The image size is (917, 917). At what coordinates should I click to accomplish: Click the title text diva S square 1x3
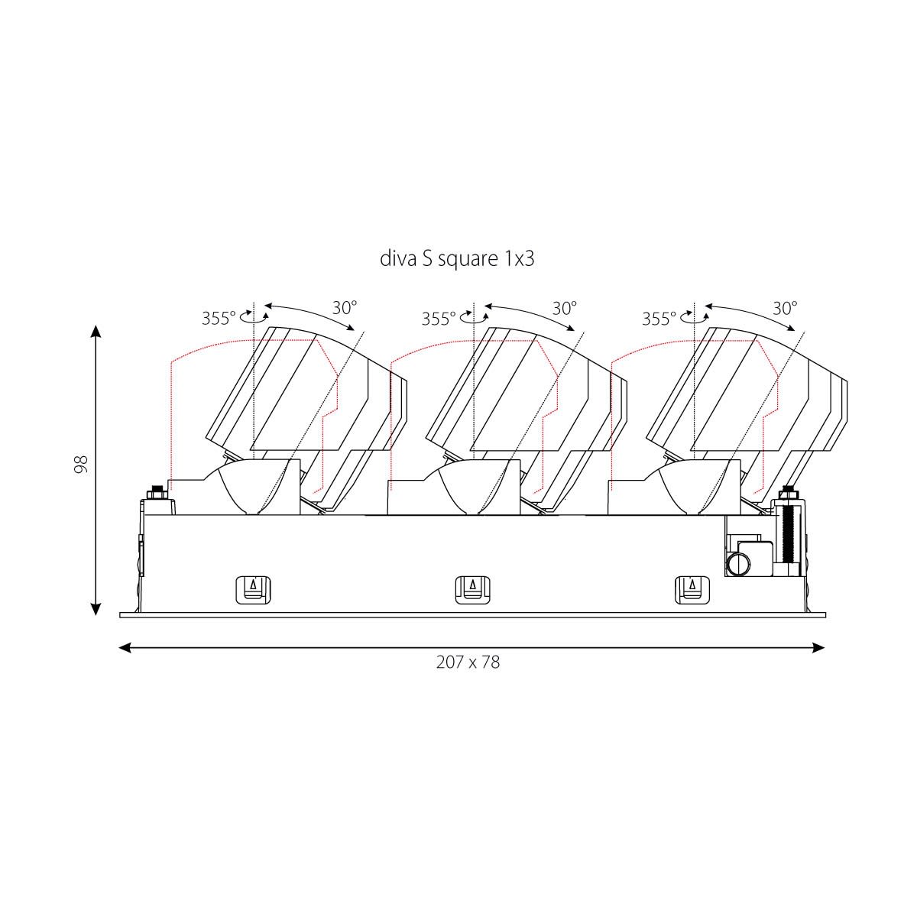(x=457, y=259)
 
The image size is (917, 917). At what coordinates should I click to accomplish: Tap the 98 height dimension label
(x=81, y=465)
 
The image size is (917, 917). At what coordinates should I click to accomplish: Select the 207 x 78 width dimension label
(x=468, y=662)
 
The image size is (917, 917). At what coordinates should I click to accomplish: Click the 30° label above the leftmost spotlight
(x=345, y=308)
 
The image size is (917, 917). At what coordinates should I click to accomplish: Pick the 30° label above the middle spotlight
(x=565, y=308)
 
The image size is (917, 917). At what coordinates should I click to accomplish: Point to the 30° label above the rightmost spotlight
(x=785, y=308)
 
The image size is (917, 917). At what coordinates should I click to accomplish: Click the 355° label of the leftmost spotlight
(x=219, y=319)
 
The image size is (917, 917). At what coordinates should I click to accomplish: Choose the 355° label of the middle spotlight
(x=439, y=319)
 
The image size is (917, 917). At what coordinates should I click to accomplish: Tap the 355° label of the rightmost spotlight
(x=659, y=319)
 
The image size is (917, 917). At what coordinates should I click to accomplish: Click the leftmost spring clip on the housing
(x=253, y=590)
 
